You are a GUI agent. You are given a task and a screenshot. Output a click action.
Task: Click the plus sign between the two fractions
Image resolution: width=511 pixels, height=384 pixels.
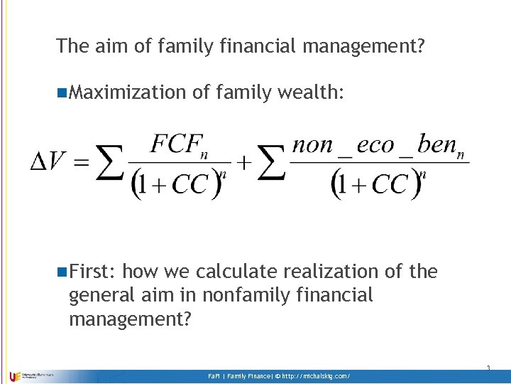pyautogui.click(x=243, y=163)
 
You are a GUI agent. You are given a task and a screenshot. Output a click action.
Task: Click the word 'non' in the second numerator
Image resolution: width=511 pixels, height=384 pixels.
pyautogui.click(x=313, y=145)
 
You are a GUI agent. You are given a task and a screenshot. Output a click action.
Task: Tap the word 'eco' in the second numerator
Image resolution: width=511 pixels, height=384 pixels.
pyautogui.click(x=375, y=145)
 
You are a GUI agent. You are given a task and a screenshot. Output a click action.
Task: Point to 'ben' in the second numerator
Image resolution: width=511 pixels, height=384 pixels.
pyautogui.click(x=439, y=145)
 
